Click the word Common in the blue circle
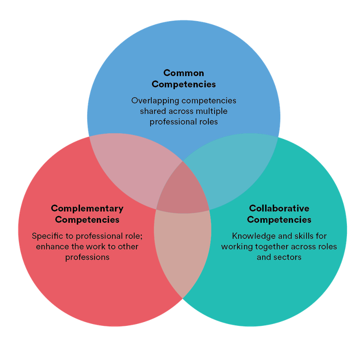[x=184, y=73]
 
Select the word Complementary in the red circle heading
[x=87, y=208]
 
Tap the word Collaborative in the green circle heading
[x=279, y=208]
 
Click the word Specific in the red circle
[x=46, y=236]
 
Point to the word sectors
[x=287, y=257]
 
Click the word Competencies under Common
[x=184, y=84]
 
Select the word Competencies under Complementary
[x=87, y=220]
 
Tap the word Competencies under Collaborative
[x=279, y=220]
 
